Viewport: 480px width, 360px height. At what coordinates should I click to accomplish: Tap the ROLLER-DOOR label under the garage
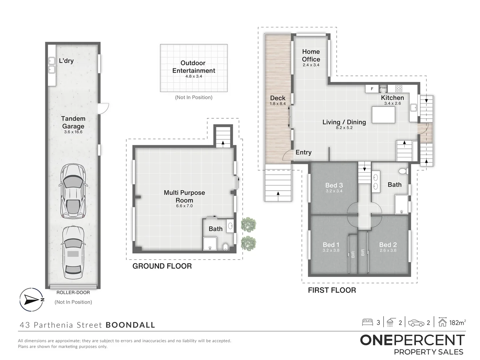pyautogui.click(x=73, y=292)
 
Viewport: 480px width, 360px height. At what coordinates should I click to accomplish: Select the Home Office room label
pyautogui.click(x=311, y=55)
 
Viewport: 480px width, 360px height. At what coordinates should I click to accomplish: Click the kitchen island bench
pyautogui.click(x=383, y=115)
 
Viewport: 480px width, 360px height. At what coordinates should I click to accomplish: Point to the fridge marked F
pyautogui.click(x=372, y=89)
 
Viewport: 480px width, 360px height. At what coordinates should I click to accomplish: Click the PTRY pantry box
pyautogui.click(x=383, y=88)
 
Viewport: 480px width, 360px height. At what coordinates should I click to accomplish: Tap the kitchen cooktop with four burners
pyautogui.click(x=399, y=89)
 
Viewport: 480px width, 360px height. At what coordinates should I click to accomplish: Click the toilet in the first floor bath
pyautogui.click(x=403, y=171)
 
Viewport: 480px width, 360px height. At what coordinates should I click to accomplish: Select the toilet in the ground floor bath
pyautogui.click(x=225, y=247)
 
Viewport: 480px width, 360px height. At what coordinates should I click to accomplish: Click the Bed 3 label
pyautogui.click(x=334, y=185)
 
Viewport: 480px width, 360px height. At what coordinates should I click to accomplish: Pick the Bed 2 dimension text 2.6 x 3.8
pyautogui.click(x=388, y=250)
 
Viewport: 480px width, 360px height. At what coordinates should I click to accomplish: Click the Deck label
pyautogui.click(x=278, y=98)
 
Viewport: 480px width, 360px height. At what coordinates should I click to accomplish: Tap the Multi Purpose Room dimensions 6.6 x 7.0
pyautogui.click(x=184, y=206)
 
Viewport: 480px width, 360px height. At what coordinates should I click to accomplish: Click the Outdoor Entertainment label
pyautogui.click(x=194, y=67)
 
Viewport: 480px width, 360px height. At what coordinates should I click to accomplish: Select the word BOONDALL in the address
pyautogui.click(x=130, y=325)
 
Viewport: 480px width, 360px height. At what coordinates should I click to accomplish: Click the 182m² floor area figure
pyautogui.click(x=457, y=322)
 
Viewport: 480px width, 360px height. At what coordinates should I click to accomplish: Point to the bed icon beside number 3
pyautogui.click(x=368, y=322)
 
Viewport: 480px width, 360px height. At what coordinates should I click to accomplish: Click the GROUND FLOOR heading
pyautogui.click(x=162, y=266)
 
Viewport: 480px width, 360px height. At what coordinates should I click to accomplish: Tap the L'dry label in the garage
pyautogui.click(x=66, y=61)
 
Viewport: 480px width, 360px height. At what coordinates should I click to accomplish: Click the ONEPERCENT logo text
pyautogui.click(x=412, y=340)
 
